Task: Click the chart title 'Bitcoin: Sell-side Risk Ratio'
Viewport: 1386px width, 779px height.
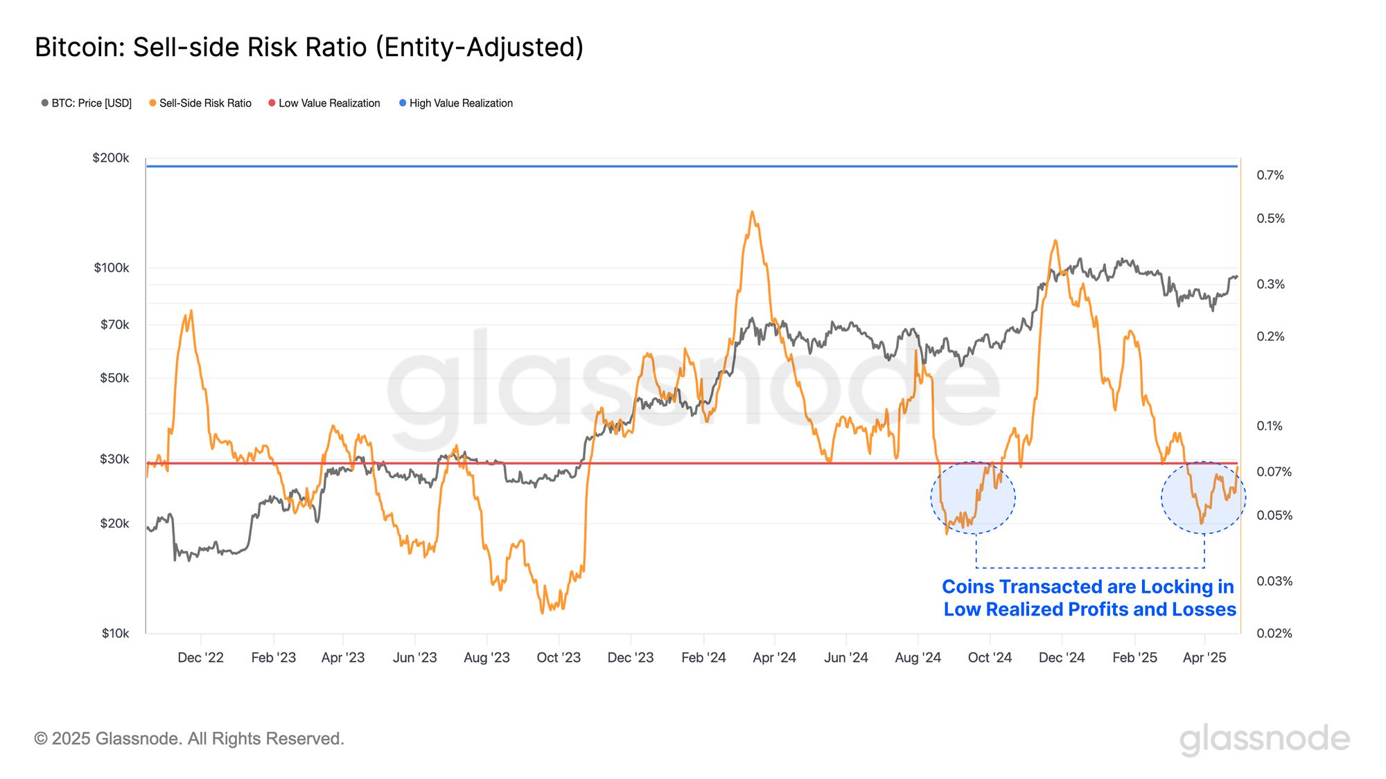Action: coord(309,47)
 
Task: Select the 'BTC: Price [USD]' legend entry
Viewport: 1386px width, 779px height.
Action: coord(87,103)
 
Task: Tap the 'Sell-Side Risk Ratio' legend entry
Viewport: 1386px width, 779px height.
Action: coord(200,103)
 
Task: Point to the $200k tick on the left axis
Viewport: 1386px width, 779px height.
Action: coord(111,158)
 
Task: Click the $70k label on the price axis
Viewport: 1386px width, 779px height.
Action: coord(114,324)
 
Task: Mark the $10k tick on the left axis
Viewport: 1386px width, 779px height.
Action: coord(115,633)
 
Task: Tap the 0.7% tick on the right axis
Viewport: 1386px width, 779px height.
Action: coord(1270,175)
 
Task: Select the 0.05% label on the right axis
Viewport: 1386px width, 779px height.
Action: coord(1274,515)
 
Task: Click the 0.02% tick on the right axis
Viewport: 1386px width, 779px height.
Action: coord(1274,633)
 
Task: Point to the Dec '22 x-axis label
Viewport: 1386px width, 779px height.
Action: coord(200,657)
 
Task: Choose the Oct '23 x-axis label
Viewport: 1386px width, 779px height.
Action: coord(559,657)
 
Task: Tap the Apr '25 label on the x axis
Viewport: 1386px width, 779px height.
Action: coord(1204,657)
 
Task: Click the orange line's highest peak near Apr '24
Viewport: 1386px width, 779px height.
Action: coord(752,212)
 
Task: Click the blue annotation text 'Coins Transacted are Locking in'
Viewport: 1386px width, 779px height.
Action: coord(1088,587)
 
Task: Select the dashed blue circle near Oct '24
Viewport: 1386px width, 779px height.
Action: coord(973,497)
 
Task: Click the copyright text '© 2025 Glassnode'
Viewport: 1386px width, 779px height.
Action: coord(189,739)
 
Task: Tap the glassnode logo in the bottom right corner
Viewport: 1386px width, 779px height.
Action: coord(1265,739)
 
